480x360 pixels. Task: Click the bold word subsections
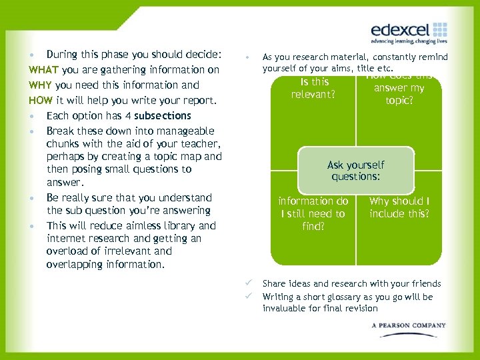(163, 115)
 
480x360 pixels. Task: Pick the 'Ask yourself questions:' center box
(356, 171)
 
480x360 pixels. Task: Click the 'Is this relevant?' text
(314, 88)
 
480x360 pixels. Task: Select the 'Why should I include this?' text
(399, 207)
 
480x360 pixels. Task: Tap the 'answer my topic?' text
(399, 94)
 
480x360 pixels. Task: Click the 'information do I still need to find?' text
(313, 213)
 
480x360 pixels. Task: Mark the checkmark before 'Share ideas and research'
(249, 283)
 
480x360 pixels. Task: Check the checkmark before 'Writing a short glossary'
(249, 297)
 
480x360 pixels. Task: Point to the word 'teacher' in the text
(201, 143)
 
